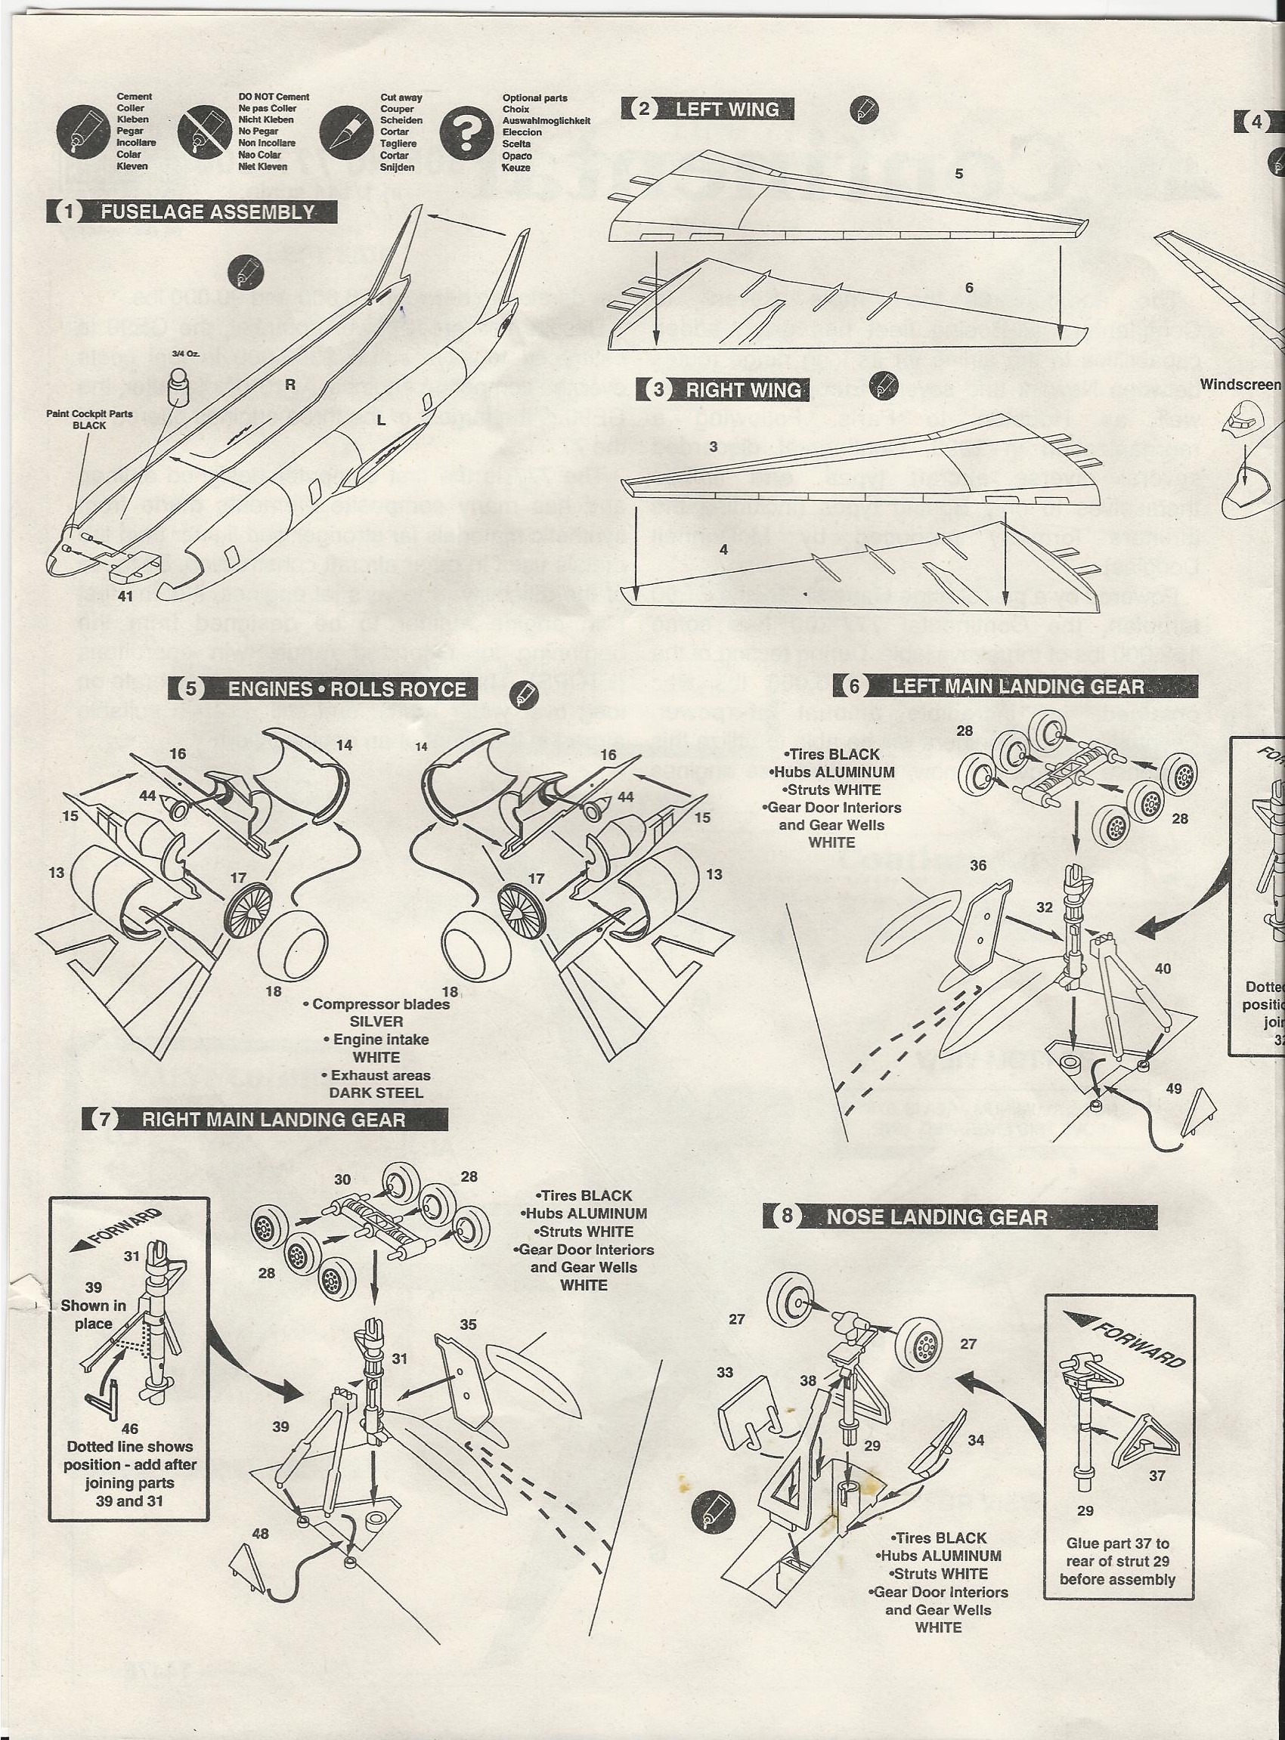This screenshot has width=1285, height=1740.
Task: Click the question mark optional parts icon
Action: [466, 132]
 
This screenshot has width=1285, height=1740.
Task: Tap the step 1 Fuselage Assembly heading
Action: [193, 212]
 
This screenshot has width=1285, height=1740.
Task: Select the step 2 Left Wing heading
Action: [708, 110]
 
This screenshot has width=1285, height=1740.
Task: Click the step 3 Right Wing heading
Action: [723, 390]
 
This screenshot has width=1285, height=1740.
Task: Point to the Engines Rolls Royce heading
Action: [323, 690]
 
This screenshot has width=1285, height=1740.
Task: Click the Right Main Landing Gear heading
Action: [265, 1120]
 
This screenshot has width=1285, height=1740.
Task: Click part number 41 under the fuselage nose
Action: [126, 596]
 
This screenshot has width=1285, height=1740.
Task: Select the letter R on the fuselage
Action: [290, 384]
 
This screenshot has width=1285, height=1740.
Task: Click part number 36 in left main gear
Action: [978, 865]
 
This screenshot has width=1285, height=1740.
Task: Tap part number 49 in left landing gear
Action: [1173, 1089]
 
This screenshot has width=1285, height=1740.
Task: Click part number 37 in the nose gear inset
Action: [1156, 1476]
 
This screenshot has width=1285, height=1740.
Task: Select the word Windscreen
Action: [1240, 384]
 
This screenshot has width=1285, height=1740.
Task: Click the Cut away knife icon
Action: [345, 132]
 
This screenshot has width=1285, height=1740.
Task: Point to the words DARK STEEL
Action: [376, 1093]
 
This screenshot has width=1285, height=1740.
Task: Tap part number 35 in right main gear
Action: [467, 1324]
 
